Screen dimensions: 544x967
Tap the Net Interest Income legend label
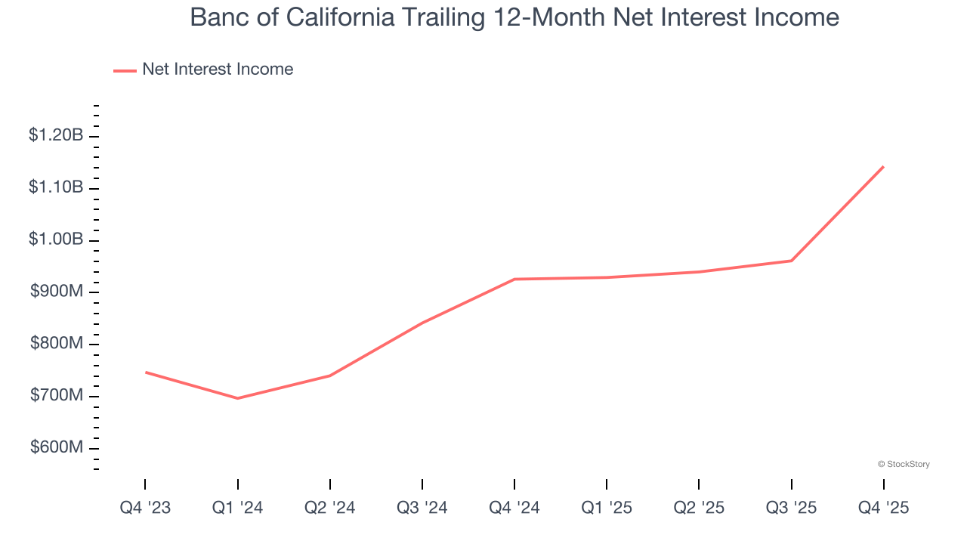point(218,70)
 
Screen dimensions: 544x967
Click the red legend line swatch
point(125,70)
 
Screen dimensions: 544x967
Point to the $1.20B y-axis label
point(56,135)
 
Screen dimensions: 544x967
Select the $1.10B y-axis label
point(56,187)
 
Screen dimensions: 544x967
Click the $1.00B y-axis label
point(56,240)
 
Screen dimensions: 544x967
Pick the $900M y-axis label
point(57,292)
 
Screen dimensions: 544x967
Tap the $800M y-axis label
point(57,344)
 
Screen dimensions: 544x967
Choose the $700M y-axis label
point(57,395)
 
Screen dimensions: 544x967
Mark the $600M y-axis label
point(57,447)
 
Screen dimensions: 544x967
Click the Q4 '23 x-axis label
point(145,508)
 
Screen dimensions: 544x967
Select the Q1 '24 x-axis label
point(238,508)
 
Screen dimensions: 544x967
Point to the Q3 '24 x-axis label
point(422,508)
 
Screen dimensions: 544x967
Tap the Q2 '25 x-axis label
point(699,508)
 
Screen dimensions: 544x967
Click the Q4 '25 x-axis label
point(883,508)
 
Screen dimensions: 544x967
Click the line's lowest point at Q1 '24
point(238,398)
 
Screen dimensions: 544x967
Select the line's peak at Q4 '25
point(883,167)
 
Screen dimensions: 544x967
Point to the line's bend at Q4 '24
point(514,280)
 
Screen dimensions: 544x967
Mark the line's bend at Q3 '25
point(791,261)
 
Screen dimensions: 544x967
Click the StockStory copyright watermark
point(904,464)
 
